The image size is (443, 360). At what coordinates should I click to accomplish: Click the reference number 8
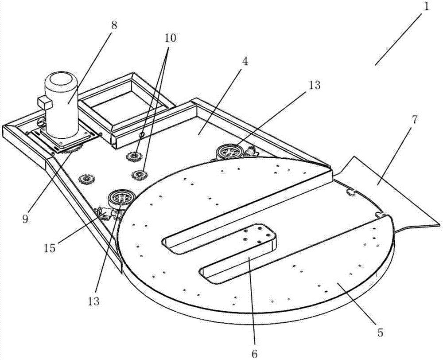coord(113,25)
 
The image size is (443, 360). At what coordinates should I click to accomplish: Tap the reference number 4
coord(245,61)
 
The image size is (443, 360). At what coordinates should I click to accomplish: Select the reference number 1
coord(426,7)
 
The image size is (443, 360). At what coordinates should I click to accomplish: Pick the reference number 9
coord(25,219)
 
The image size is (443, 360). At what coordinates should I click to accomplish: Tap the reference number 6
coord(255,353)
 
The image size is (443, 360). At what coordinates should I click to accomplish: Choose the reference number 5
coord(380,333)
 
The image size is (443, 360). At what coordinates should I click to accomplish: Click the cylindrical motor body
coord(62,105)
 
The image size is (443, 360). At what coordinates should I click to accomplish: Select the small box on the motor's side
coord(45,102)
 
